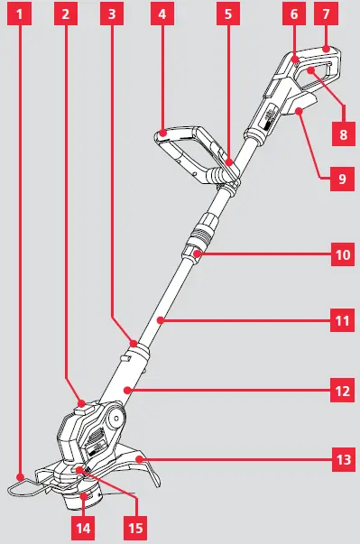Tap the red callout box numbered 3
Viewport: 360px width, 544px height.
pyautogui.click(x=110, y=14)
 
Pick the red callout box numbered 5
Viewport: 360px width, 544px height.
pyautogui.click(x=228, y=14)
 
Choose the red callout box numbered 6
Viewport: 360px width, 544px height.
pyautogui.click(x=293, y=14)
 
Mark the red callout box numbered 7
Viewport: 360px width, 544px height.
pyautogui.click(x=326, y=14)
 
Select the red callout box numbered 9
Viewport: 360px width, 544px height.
pyautogui.click(x=342, y=179)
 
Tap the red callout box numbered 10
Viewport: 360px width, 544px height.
pyautogui.click(x=342, y=255)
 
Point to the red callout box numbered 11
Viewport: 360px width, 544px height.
pyautogui.click(x=342, y=319)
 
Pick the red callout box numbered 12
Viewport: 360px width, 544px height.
pyautogui.click(x=342, y=391)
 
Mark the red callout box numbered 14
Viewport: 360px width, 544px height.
pyautogui.click(x=85, y=525)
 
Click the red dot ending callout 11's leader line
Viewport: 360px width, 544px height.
pyautogui.click(x=160, y=320)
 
